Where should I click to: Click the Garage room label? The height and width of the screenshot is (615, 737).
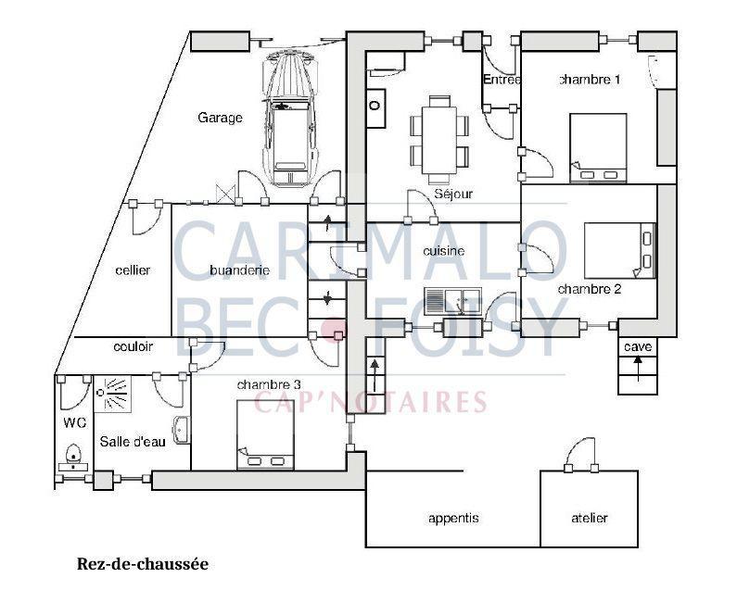click(220, 118)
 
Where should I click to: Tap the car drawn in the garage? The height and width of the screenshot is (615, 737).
click(289, 119)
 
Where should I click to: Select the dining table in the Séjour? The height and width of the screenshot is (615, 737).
click(439, 140)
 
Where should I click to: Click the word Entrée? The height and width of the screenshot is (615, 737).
click(502, 80)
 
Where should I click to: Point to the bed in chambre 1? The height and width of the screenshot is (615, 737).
click(598, 147)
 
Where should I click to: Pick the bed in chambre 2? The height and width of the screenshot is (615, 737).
click(619, 251)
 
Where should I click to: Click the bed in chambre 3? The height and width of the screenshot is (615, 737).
click(265, 434)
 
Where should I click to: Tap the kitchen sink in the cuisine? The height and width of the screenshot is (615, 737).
click(452, 301)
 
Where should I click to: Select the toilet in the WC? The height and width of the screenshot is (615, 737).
click(74, 457)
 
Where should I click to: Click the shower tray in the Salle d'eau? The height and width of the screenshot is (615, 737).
click(112, 394)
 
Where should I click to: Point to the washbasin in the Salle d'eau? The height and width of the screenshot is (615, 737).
click(182, 430)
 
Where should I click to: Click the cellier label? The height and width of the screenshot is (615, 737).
click(133, 270)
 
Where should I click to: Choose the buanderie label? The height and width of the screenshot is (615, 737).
click(240, 270)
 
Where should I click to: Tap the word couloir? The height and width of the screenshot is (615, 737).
click(133, 346)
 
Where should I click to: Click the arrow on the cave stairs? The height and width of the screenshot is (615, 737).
click(638, 369)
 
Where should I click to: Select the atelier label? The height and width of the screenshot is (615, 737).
click(590, 518)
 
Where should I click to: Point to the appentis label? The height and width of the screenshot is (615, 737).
click(453, 519)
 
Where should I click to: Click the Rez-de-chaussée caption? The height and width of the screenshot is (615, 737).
click(143, 564)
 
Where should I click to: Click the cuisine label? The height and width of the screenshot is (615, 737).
click(444, 251)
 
